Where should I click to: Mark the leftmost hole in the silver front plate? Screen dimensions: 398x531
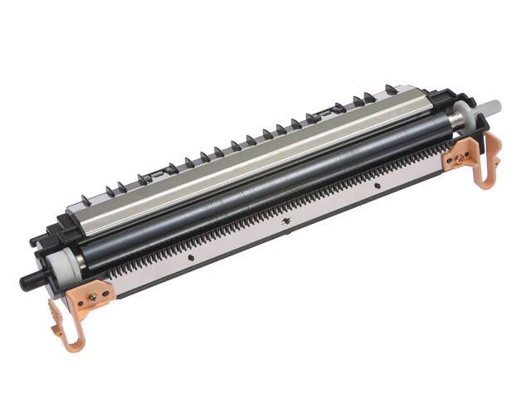click(190, 257)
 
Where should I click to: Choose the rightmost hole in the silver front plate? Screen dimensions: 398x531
click(377, 186)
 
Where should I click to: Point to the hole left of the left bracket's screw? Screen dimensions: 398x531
click(80, 298)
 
